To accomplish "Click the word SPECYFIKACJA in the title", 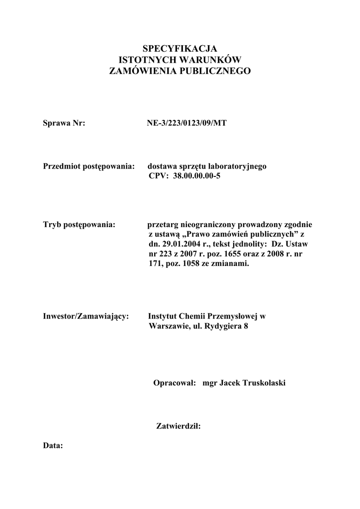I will pos(180,49).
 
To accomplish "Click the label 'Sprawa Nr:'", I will pos(65,123).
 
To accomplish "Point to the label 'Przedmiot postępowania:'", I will pos(90,166).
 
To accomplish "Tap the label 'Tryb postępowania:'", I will pos(80,225).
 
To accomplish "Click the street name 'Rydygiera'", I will pos(221,327).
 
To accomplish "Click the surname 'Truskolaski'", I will pos(266,383).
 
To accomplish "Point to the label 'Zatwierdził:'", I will pos(178,426).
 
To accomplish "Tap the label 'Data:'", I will pos(53,446).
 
